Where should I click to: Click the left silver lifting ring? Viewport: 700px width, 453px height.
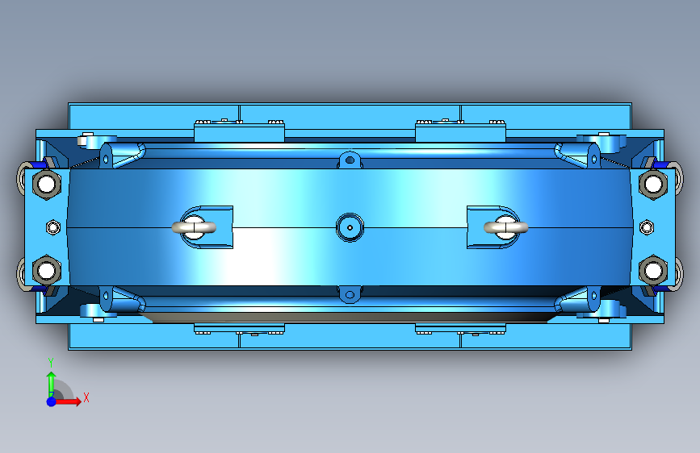tap(194, 228)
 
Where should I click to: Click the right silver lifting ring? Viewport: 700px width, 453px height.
tap(505, 228)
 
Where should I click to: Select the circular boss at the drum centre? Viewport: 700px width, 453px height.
tap(350, 227)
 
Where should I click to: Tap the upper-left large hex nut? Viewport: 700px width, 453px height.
tap(47, 183)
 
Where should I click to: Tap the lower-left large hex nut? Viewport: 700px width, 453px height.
tap(47, 270)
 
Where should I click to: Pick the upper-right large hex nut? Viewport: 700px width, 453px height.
tap(653, 183)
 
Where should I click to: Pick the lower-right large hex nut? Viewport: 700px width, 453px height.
tap(653, 270)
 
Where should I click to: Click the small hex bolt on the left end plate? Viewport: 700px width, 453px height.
tap(53, 227)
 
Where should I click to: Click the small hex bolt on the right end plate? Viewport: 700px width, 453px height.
tap(647, 227)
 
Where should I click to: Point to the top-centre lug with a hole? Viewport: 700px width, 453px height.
tap(350, 160)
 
